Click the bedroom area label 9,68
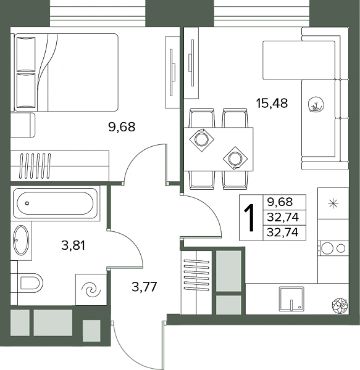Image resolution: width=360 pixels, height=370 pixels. click(122, 126)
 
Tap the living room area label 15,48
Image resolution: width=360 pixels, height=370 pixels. click(272, 104)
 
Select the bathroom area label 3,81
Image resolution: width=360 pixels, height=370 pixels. click(73, 245)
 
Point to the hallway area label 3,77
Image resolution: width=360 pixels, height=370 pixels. click(144, 287)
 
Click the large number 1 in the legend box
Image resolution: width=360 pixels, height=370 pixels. click(249, 218)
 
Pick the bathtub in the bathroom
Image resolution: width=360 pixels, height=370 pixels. click(56, 203)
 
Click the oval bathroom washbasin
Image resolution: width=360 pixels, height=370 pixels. click(21, 240)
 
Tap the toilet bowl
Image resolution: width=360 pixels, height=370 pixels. click(30, 282)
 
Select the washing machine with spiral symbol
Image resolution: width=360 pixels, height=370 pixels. click(91, 290)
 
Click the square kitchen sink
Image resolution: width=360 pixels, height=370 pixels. click(291, 298)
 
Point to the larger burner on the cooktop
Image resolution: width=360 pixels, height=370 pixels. click(326, 248)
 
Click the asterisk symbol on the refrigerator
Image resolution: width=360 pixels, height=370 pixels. click(333, 203)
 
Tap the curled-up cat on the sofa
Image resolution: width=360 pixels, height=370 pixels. click(316, 104)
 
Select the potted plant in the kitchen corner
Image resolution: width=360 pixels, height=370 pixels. click(340, 306)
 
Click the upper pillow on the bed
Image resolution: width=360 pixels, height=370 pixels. click(26, 54)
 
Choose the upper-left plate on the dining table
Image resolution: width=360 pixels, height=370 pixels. click(201, 140)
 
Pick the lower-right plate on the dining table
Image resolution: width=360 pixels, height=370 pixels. click(235, 158)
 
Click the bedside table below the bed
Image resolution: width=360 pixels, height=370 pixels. click(23, 125)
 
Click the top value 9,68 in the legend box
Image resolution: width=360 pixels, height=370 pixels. click(280, 202)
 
